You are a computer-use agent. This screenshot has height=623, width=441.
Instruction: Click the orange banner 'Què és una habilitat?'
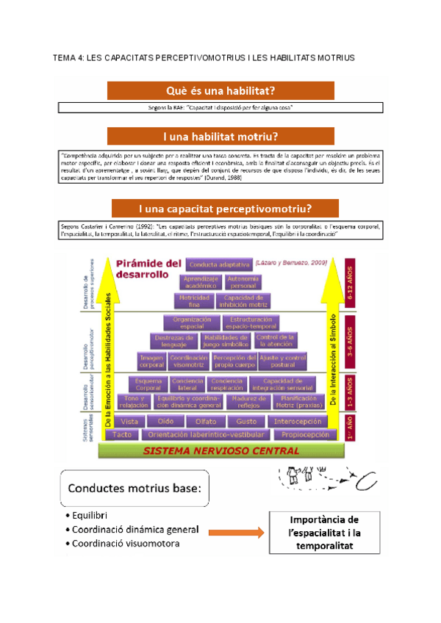pyautogui.click(x=220, y=91)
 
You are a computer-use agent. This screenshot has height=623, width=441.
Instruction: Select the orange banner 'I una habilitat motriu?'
pyautogui.click(x=220, y=137)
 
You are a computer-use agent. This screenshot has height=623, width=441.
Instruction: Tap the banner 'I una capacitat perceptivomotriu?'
pyautogui.click(x=225, y=208)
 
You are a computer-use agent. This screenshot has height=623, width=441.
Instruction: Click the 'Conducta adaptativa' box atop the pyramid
pyautogui.click(x=219, y=264)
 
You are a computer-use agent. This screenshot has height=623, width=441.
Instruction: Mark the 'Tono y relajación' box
pyautogui.click(x=134, y=401)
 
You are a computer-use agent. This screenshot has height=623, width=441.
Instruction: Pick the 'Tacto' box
pyautogui.click(x=123, y=435)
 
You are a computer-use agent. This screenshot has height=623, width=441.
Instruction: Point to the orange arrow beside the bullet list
pyautogui.click(x=235, y=531)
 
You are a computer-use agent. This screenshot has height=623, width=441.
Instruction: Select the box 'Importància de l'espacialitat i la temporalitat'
pyautogui.click(x=323, y=533)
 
